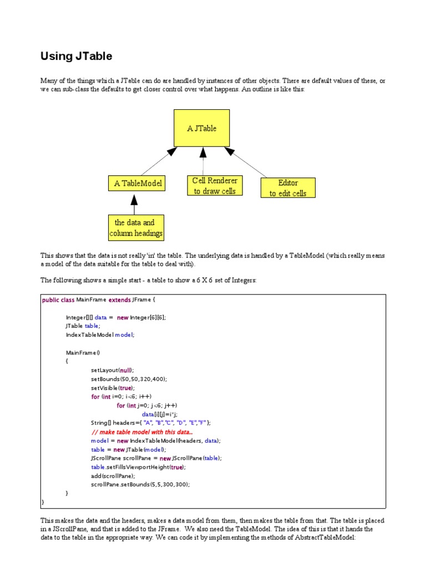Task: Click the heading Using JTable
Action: click(x=77, y=56)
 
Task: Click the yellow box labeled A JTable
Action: click(x=202, y=128)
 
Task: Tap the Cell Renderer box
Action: click(x=215, y=186)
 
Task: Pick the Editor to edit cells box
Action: click(x=288, y=188)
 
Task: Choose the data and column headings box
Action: click(x=136, y=228)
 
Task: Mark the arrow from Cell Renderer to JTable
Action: click(x=203, y=162)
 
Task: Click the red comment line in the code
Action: click(x=142, y=432)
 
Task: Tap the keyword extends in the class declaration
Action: click(x=119, y=300)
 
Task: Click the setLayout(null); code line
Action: click(x=113, y=370)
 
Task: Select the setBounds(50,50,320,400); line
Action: click(x=129, y=379)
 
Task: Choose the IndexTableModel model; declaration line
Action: click(x=100, y=335)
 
